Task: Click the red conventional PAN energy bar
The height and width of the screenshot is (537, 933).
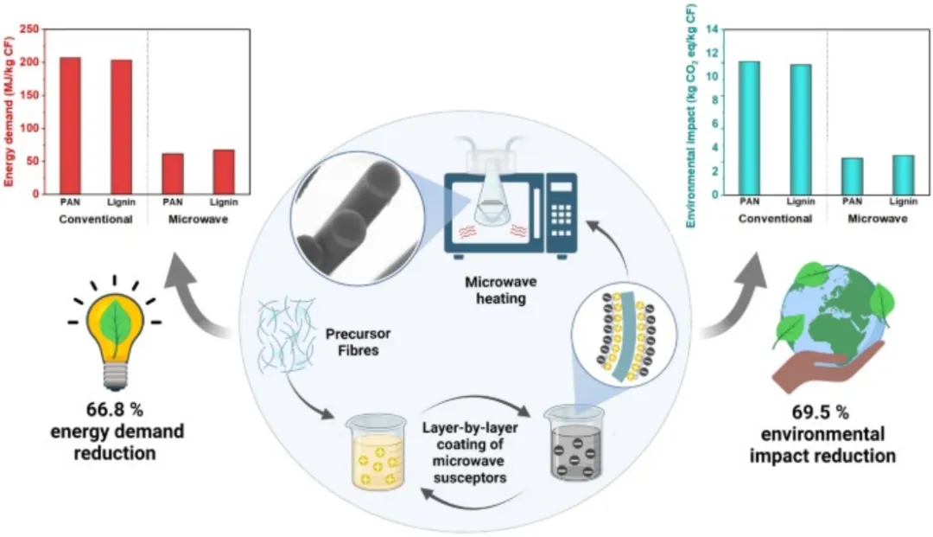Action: (70, 125)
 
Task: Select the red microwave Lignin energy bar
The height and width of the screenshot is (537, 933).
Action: (224, 171)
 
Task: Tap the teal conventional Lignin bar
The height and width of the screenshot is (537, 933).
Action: (801, 129)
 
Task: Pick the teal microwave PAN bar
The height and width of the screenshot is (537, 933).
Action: (852, 176)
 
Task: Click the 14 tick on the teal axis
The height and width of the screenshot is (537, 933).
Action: (712, 29)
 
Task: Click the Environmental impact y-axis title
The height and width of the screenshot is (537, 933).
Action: (691, 116)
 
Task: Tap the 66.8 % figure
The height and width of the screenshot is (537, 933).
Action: (115, 410)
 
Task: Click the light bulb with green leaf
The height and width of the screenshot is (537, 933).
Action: (115, 334)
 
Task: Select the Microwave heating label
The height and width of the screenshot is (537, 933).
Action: (500, 290)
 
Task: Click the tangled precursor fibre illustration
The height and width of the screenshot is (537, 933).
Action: (286, 335)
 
